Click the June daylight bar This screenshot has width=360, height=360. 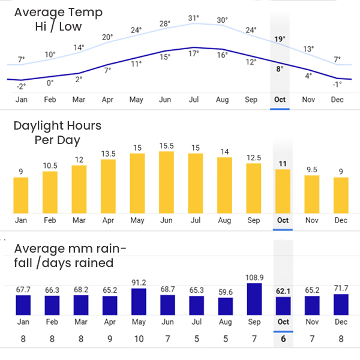tap(166, 182)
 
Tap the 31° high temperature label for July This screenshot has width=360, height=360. tap(193, 19)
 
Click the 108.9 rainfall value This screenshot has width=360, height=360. tap(254, 277)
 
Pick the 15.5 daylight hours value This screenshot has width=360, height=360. tap(166, 145)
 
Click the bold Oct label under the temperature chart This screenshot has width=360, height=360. tap(280, 100)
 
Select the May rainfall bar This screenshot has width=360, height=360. tap(137, 302)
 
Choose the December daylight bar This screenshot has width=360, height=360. tap(341, 195)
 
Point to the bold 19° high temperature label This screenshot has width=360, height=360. tap(280, 40)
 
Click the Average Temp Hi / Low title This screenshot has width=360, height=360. tap(58, 19)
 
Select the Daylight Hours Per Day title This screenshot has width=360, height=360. tap(58, 133)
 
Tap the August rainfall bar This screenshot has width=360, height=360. tap(225, 307)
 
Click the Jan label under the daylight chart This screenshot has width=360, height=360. tap(21, 220)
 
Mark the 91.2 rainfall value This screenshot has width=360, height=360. tap(137, 283)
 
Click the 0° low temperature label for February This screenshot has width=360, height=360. tap(50, 83)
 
